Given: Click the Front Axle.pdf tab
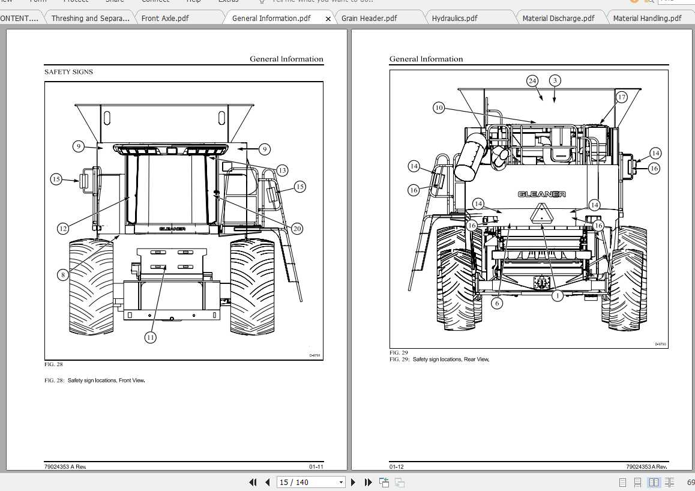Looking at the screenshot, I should coord(165,18).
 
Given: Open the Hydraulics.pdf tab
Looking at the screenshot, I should coord(454,18).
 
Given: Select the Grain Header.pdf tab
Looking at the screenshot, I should coord(369,18).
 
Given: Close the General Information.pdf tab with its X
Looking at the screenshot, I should coord(328,19).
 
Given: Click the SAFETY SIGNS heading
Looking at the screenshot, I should coord(68,72).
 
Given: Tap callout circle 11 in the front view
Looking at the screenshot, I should coord(150,337).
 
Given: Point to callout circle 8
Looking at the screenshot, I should coord(63,275).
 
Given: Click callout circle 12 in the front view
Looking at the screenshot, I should coord(63,228).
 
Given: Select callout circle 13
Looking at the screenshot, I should coord(281,170).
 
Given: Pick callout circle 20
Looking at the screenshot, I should coord(296,228).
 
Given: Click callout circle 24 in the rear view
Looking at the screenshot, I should coord(532,80).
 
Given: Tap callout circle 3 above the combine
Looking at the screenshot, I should coord(555,80).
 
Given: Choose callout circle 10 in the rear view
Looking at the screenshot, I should coord(439,108).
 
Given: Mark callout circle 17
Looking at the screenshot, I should coord(621,97).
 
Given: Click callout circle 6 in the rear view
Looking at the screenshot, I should coord(496,303).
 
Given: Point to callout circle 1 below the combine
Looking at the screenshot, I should coord(557,295).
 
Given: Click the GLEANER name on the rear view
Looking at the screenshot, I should coord(541,194).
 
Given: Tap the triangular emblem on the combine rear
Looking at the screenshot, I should coord(541,215).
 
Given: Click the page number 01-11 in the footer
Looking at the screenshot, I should coord(316,466).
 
